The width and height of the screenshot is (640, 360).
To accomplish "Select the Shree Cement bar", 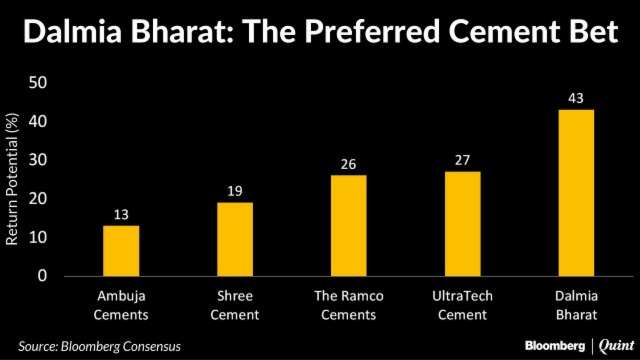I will pyautogui.click(x=235, y=240).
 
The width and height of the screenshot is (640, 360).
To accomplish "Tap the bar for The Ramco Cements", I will pyautogui.click(x=349, y=226).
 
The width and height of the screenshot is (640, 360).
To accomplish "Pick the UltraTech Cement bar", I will pyautogui.click(x=462, y=224).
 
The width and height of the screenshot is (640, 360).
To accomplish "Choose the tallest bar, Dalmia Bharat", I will pyautogui.click(x=576, y=193).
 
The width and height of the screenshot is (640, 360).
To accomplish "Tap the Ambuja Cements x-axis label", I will pyautogui.click(x=121, y=306).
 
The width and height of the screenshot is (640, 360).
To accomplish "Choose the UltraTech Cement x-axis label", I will pyautogui.click(x=462, y=306).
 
